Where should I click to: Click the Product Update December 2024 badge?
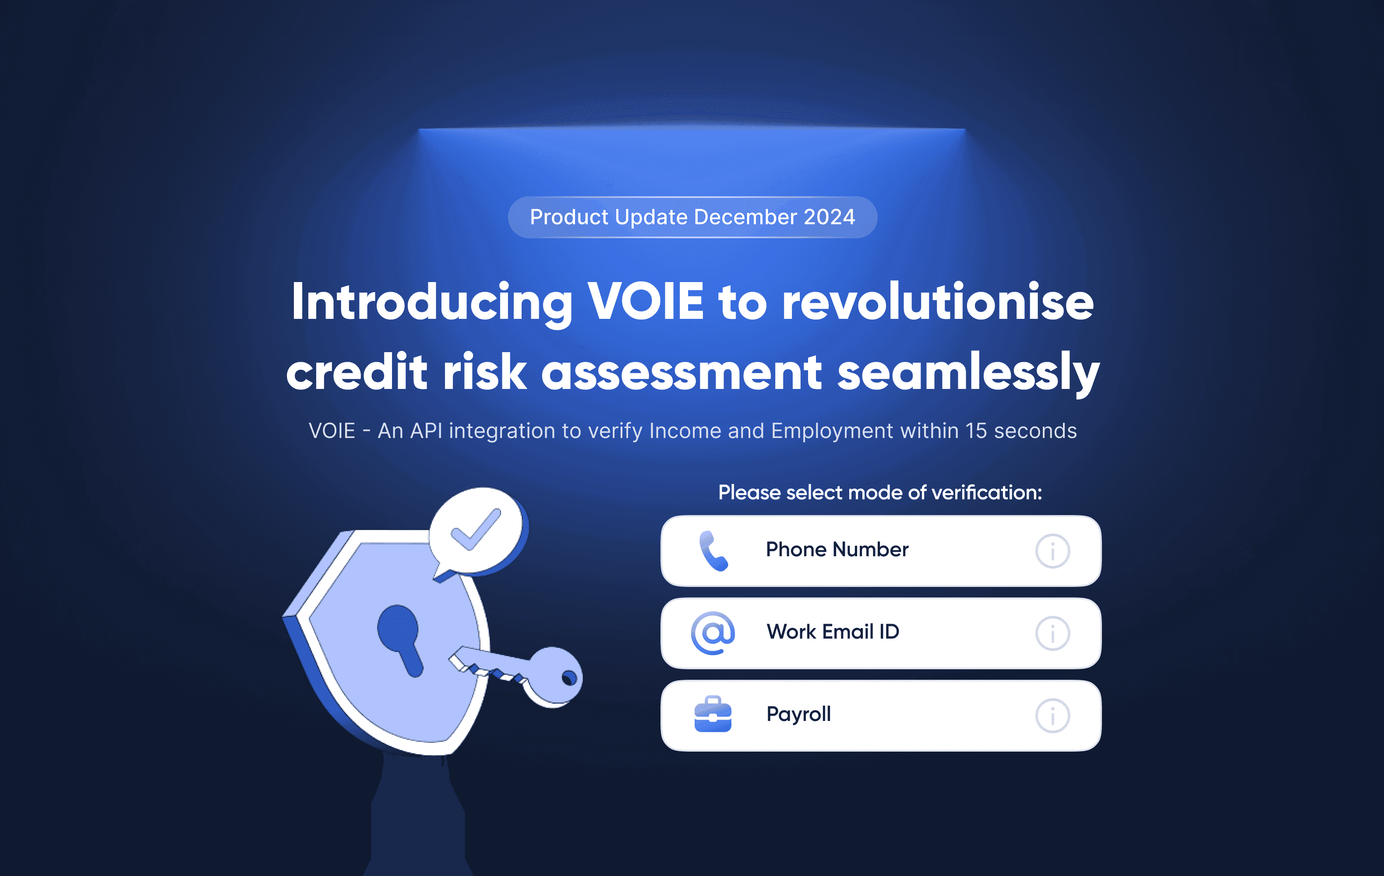click(x=692, y=217)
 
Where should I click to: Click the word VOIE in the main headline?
click(x=646, y=301)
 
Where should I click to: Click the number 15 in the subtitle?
click(x=976, y=431)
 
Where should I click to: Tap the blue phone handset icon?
click(x=713, y=551)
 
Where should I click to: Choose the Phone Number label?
click(x=837, y=550)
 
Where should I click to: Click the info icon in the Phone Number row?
click(x=1052, y=551)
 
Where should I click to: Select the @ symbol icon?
click(x=713, y=633)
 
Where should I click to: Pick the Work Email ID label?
click(x=833, y=632)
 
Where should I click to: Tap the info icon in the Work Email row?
click(x=1052, y=633)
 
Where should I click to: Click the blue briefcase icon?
click(x=713, y=714)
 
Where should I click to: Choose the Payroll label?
click(x=799, y=714)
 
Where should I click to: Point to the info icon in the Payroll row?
click(x=1052, y=716)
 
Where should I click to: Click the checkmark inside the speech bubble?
click(x=477, y=530)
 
